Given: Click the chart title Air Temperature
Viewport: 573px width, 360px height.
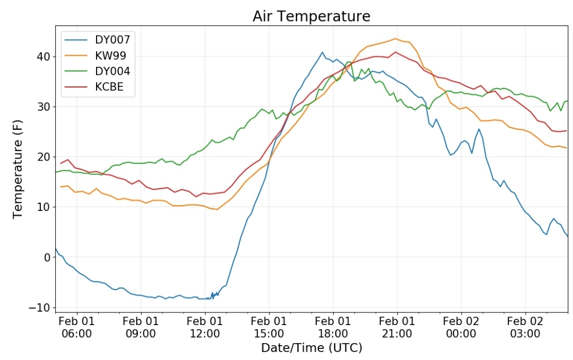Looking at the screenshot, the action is tap(311, 16).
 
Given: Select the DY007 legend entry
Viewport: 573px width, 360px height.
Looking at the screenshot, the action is tap(97, 39).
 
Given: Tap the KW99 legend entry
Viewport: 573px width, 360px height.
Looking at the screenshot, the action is tap(95, 56).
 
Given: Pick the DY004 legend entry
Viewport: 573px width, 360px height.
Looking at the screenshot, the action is tap(97, 71).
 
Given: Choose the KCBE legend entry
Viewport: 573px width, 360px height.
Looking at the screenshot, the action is tap(94, 87).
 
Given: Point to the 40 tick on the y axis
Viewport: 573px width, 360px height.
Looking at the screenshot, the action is tap(43, 57).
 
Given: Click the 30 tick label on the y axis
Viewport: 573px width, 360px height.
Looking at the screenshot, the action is tap(43, 107).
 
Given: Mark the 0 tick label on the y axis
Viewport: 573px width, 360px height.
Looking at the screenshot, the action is tap(47, 257).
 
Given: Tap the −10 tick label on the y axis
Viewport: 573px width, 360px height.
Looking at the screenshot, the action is tap(39, 308).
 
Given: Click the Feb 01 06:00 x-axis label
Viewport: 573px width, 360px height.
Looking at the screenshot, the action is tap(76, 327).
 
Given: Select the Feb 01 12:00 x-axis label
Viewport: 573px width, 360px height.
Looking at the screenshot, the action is tap(205, 327).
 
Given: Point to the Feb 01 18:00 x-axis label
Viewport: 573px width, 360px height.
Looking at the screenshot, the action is tap(333, 327).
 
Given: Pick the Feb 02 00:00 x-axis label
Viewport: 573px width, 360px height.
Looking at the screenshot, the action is tap(461, 327).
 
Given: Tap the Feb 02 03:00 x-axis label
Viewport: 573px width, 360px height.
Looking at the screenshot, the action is tap(525, 327).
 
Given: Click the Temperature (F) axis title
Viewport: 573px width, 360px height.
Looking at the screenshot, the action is tap(18, 169).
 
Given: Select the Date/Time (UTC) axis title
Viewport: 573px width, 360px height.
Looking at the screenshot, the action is tap(311, 348).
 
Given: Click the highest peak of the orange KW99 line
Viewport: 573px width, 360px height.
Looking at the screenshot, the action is tap(395, 38).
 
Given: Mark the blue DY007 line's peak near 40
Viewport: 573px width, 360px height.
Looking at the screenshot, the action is tap(323, 52).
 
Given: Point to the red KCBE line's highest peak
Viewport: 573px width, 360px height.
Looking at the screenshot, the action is tap(395, 52).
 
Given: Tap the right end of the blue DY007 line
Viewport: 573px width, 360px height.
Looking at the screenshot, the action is tap(568, 236).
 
